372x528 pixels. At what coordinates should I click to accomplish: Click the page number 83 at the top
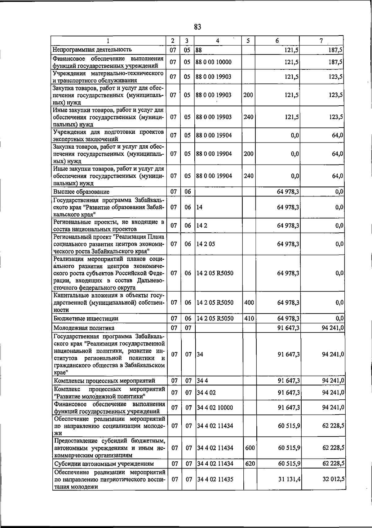coord(198,27)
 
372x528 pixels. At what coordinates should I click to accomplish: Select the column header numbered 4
coord(218,41)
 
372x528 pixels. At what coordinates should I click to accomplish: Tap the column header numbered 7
coord(321,41)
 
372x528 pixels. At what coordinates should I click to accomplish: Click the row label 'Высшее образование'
coord(81,192)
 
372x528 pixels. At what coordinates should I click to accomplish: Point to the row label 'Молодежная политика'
coord(84,328)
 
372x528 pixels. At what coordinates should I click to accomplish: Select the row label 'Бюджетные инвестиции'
coord(86,319)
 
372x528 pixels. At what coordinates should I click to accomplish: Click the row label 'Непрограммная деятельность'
coord(92,50)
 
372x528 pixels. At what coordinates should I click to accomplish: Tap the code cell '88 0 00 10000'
coord(214,62)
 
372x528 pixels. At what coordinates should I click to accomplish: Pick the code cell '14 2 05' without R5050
coord(206,244)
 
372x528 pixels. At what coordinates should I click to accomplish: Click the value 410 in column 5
coord(249,318)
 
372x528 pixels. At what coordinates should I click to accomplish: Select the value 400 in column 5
coord(249,302)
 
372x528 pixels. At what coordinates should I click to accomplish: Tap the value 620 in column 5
coord(250,464)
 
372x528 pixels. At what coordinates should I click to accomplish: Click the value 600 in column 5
coord(250,448)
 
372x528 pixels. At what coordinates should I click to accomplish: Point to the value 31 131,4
coord(289,479)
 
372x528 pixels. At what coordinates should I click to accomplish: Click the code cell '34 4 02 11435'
coord(215,479)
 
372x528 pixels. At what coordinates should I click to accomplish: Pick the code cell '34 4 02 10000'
coord(215,407)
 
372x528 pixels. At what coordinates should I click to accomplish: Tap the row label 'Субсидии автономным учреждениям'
coord(104,464)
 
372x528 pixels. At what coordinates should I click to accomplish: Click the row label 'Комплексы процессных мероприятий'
coord(104,381)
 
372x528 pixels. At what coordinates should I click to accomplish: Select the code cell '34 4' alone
coord(202,381)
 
